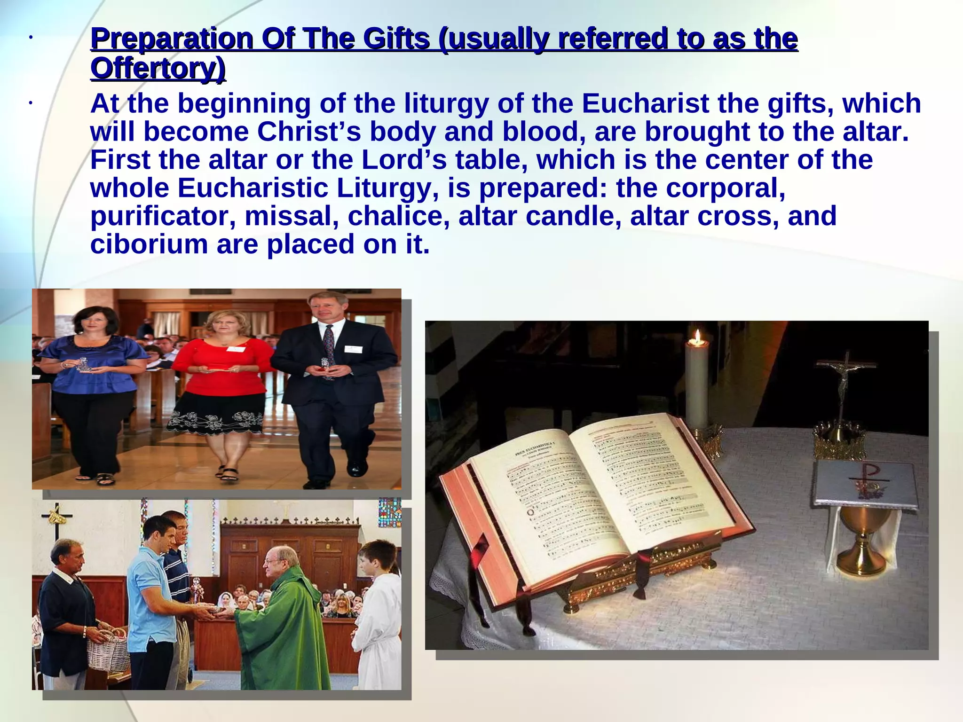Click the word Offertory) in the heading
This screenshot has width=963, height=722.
(158, 69)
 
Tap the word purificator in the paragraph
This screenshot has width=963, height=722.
(163, 216)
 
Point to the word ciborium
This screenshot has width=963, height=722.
(149, 244)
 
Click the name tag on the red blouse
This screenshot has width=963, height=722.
(235, 349)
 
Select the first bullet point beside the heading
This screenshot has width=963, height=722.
(29, 38)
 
